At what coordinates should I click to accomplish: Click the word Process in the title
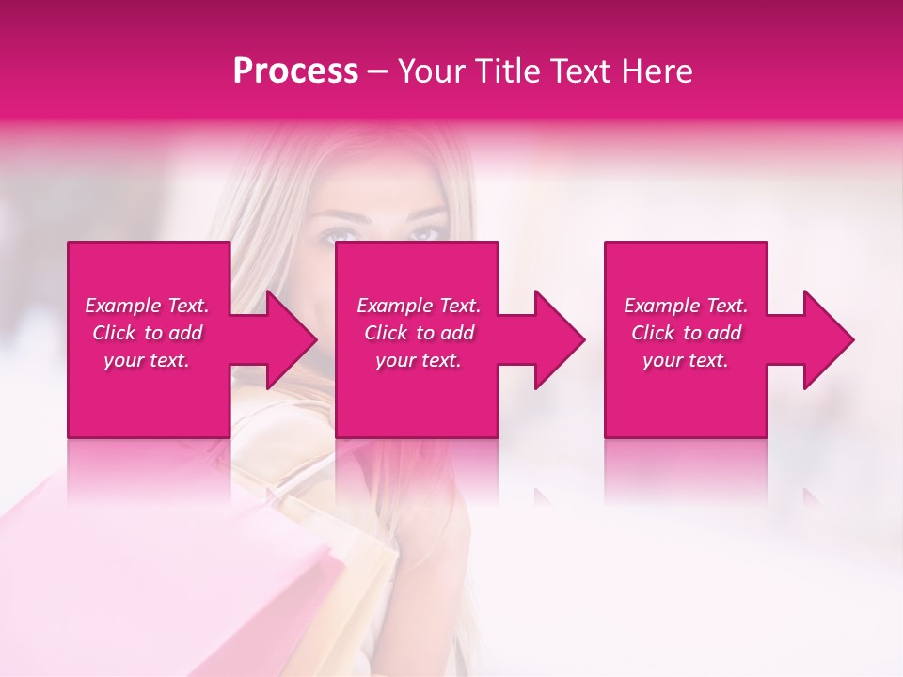point(295,71)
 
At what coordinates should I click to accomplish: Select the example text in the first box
point(147,333)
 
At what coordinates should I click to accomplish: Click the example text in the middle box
point(419,333)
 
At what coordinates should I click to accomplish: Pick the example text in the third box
point(686,333)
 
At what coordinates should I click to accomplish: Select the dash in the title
point(378,71)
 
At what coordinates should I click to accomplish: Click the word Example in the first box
point(122,306)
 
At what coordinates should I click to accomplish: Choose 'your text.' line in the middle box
point(419,360)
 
